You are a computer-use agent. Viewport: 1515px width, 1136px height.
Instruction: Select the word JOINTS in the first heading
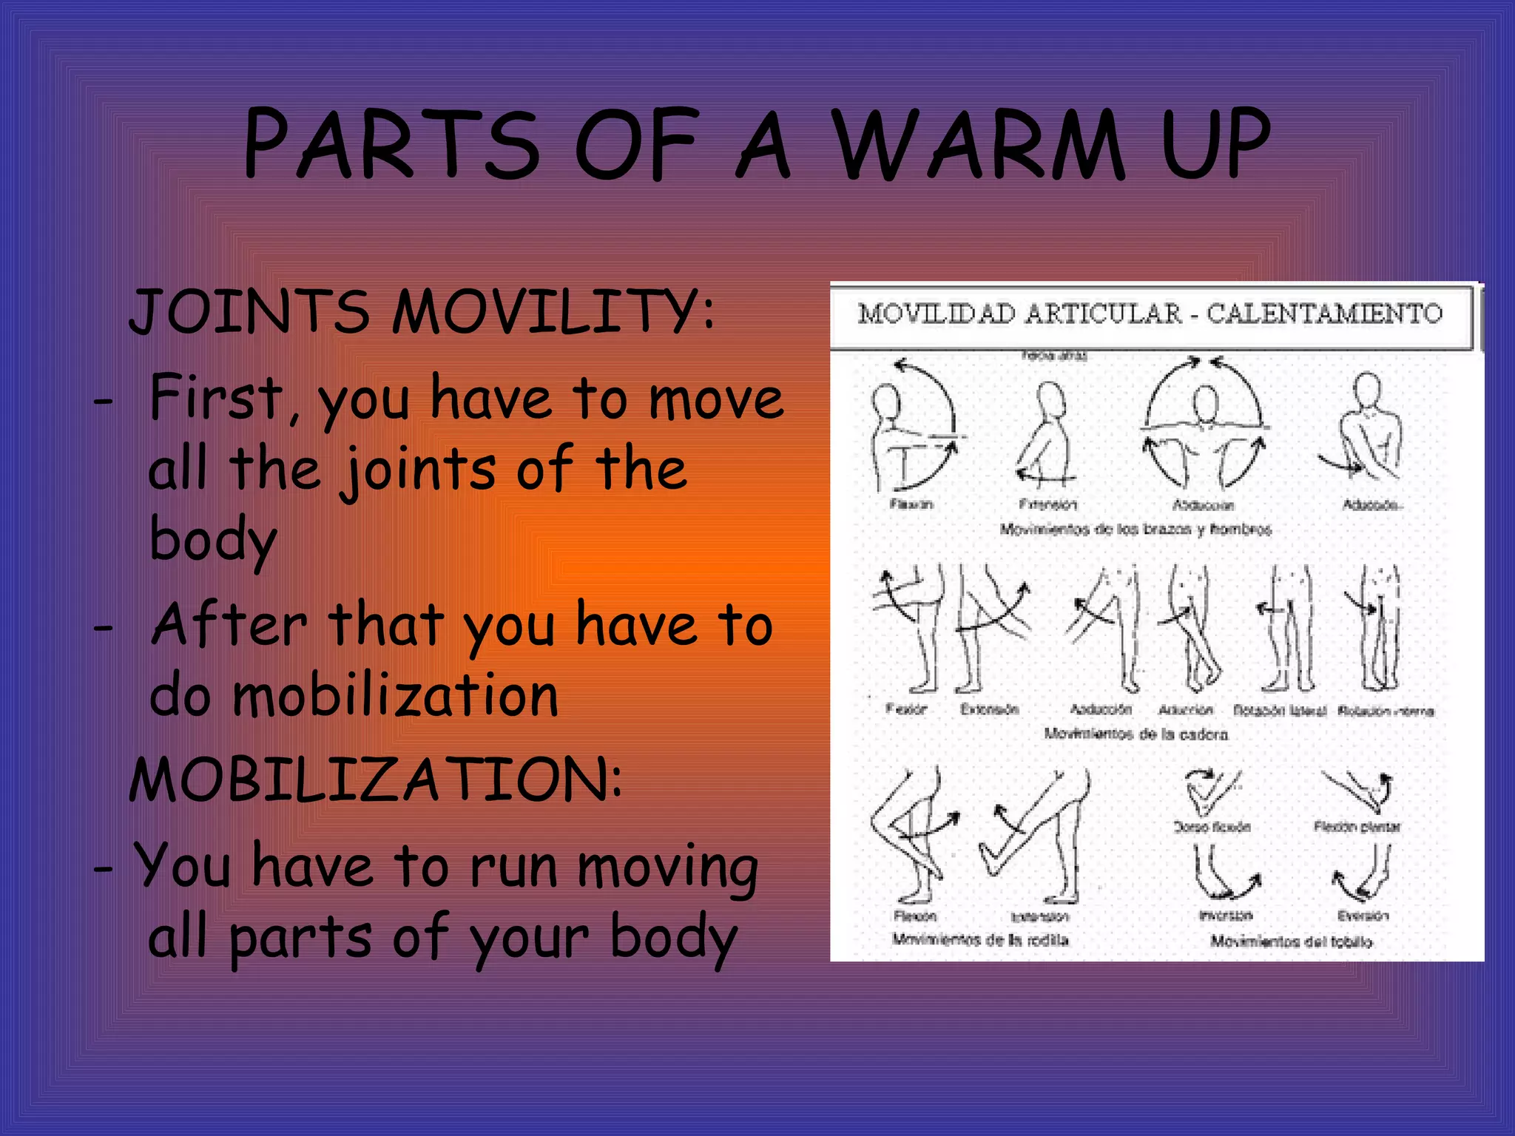pos(249,311)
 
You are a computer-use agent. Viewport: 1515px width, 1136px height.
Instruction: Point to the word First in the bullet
pos(216,398)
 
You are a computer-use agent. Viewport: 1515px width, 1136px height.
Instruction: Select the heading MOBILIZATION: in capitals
pos(376,780)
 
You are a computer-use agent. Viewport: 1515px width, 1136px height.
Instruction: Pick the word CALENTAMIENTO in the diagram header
pos(1324,314)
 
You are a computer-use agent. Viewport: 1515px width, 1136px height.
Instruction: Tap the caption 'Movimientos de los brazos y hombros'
pos(1135,530)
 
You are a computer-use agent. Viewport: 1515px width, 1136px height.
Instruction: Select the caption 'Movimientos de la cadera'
pos(1136,734)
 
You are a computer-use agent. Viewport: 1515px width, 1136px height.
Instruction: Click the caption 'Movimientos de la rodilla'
pos(980,940)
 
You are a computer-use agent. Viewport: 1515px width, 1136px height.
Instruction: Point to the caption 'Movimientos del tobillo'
pos(1291,941)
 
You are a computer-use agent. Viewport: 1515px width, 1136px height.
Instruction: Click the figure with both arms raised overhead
pos(1204,425)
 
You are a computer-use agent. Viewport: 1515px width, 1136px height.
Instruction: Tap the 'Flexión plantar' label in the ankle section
pos(1357,826)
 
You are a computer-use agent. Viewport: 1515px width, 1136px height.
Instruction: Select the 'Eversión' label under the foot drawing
pos(1363,916)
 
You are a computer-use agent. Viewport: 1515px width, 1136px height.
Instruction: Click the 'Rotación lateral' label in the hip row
pos(1279,711)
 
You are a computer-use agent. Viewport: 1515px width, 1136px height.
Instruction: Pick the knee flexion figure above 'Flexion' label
pos(911,836)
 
